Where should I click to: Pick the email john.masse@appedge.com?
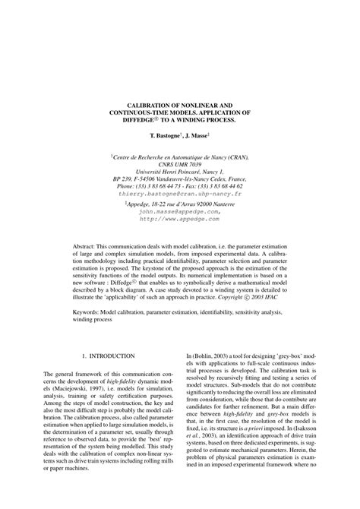[181, 212]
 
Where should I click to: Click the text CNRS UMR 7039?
[181, 164]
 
